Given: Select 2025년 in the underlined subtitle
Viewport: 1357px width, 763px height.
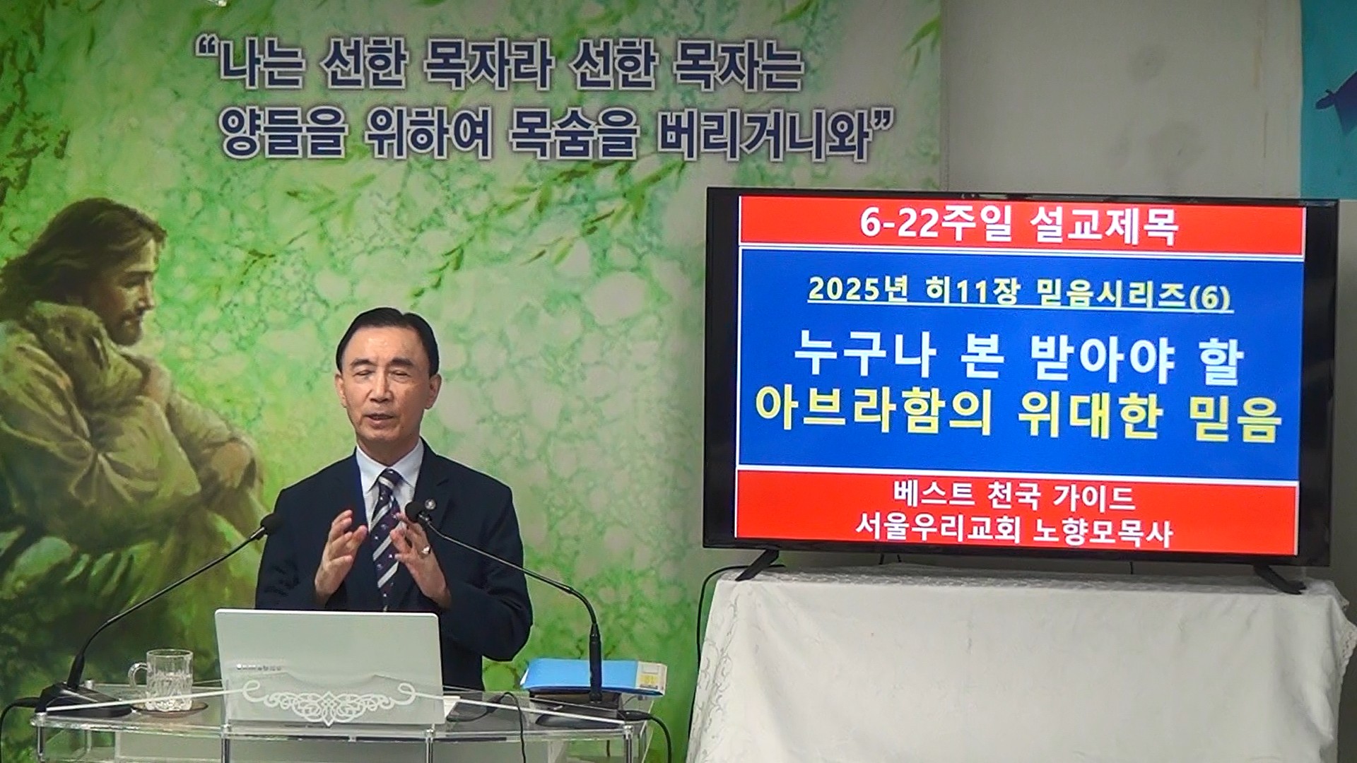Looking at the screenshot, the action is pos(857,290).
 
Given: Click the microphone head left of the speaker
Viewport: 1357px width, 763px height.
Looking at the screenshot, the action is pos(269,524).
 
